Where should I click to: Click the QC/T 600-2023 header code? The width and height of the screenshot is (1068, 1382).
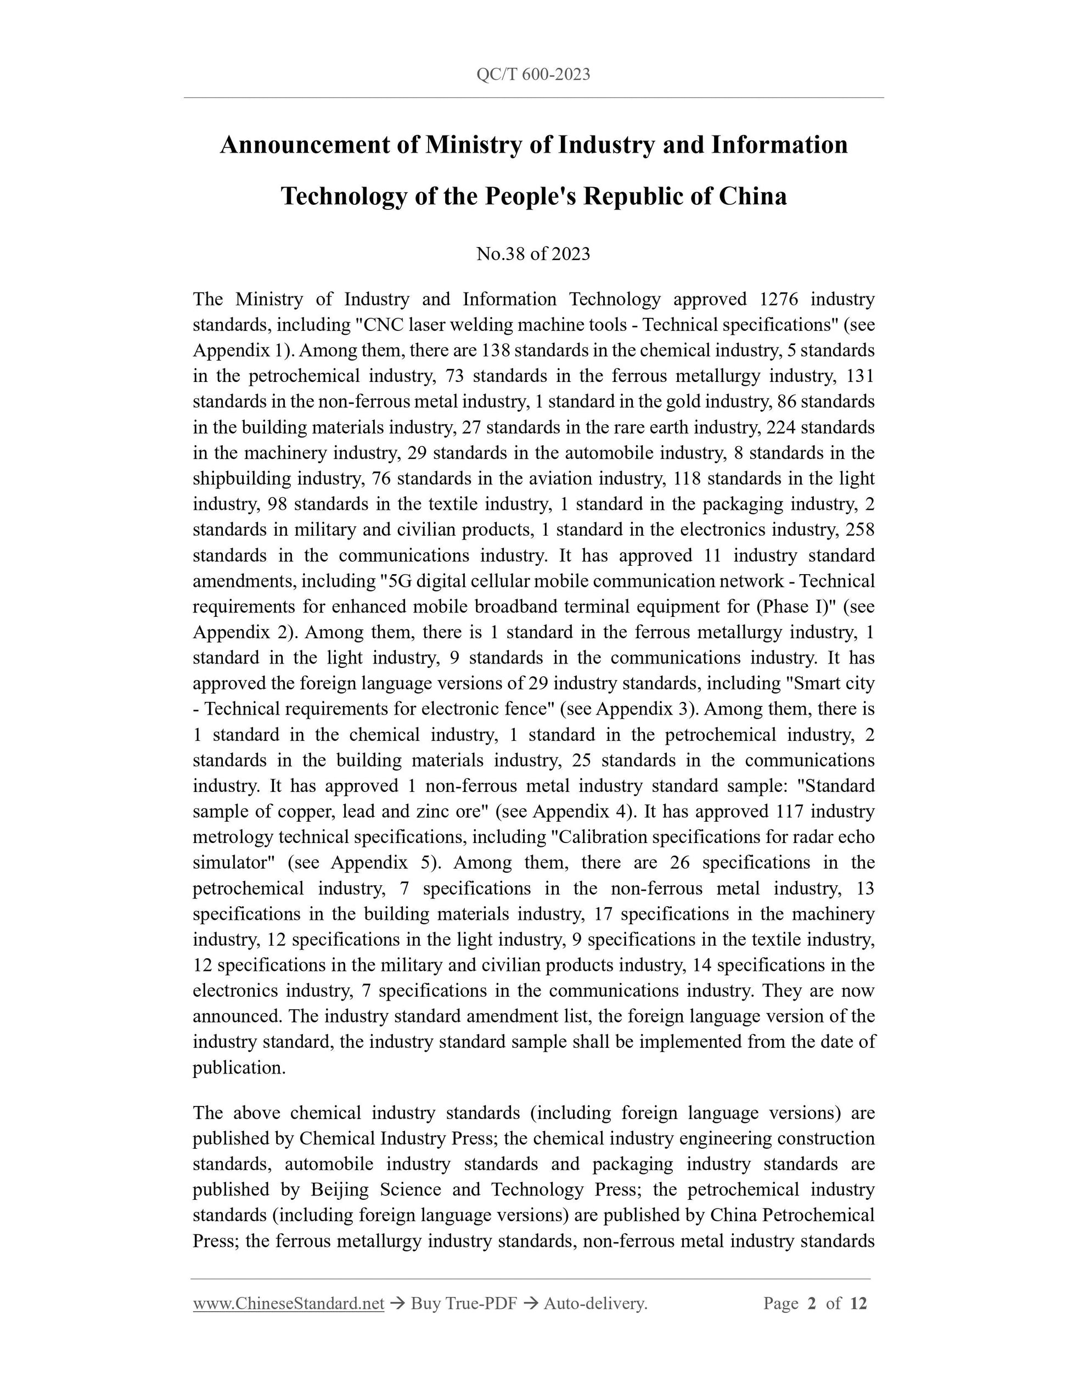pos(533,75)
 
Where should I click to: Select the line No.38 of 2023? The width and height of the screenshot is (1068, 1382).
pos(533,254)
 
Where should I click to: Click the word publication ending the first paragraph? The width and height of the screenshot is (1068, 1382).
pos(239,1068)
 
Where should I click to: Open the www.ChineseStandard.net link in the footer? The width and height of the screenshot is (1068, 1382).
pos(289,1303)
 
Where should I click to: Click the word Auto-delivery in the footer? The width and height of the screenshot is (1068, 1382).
pos(595,1303)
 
